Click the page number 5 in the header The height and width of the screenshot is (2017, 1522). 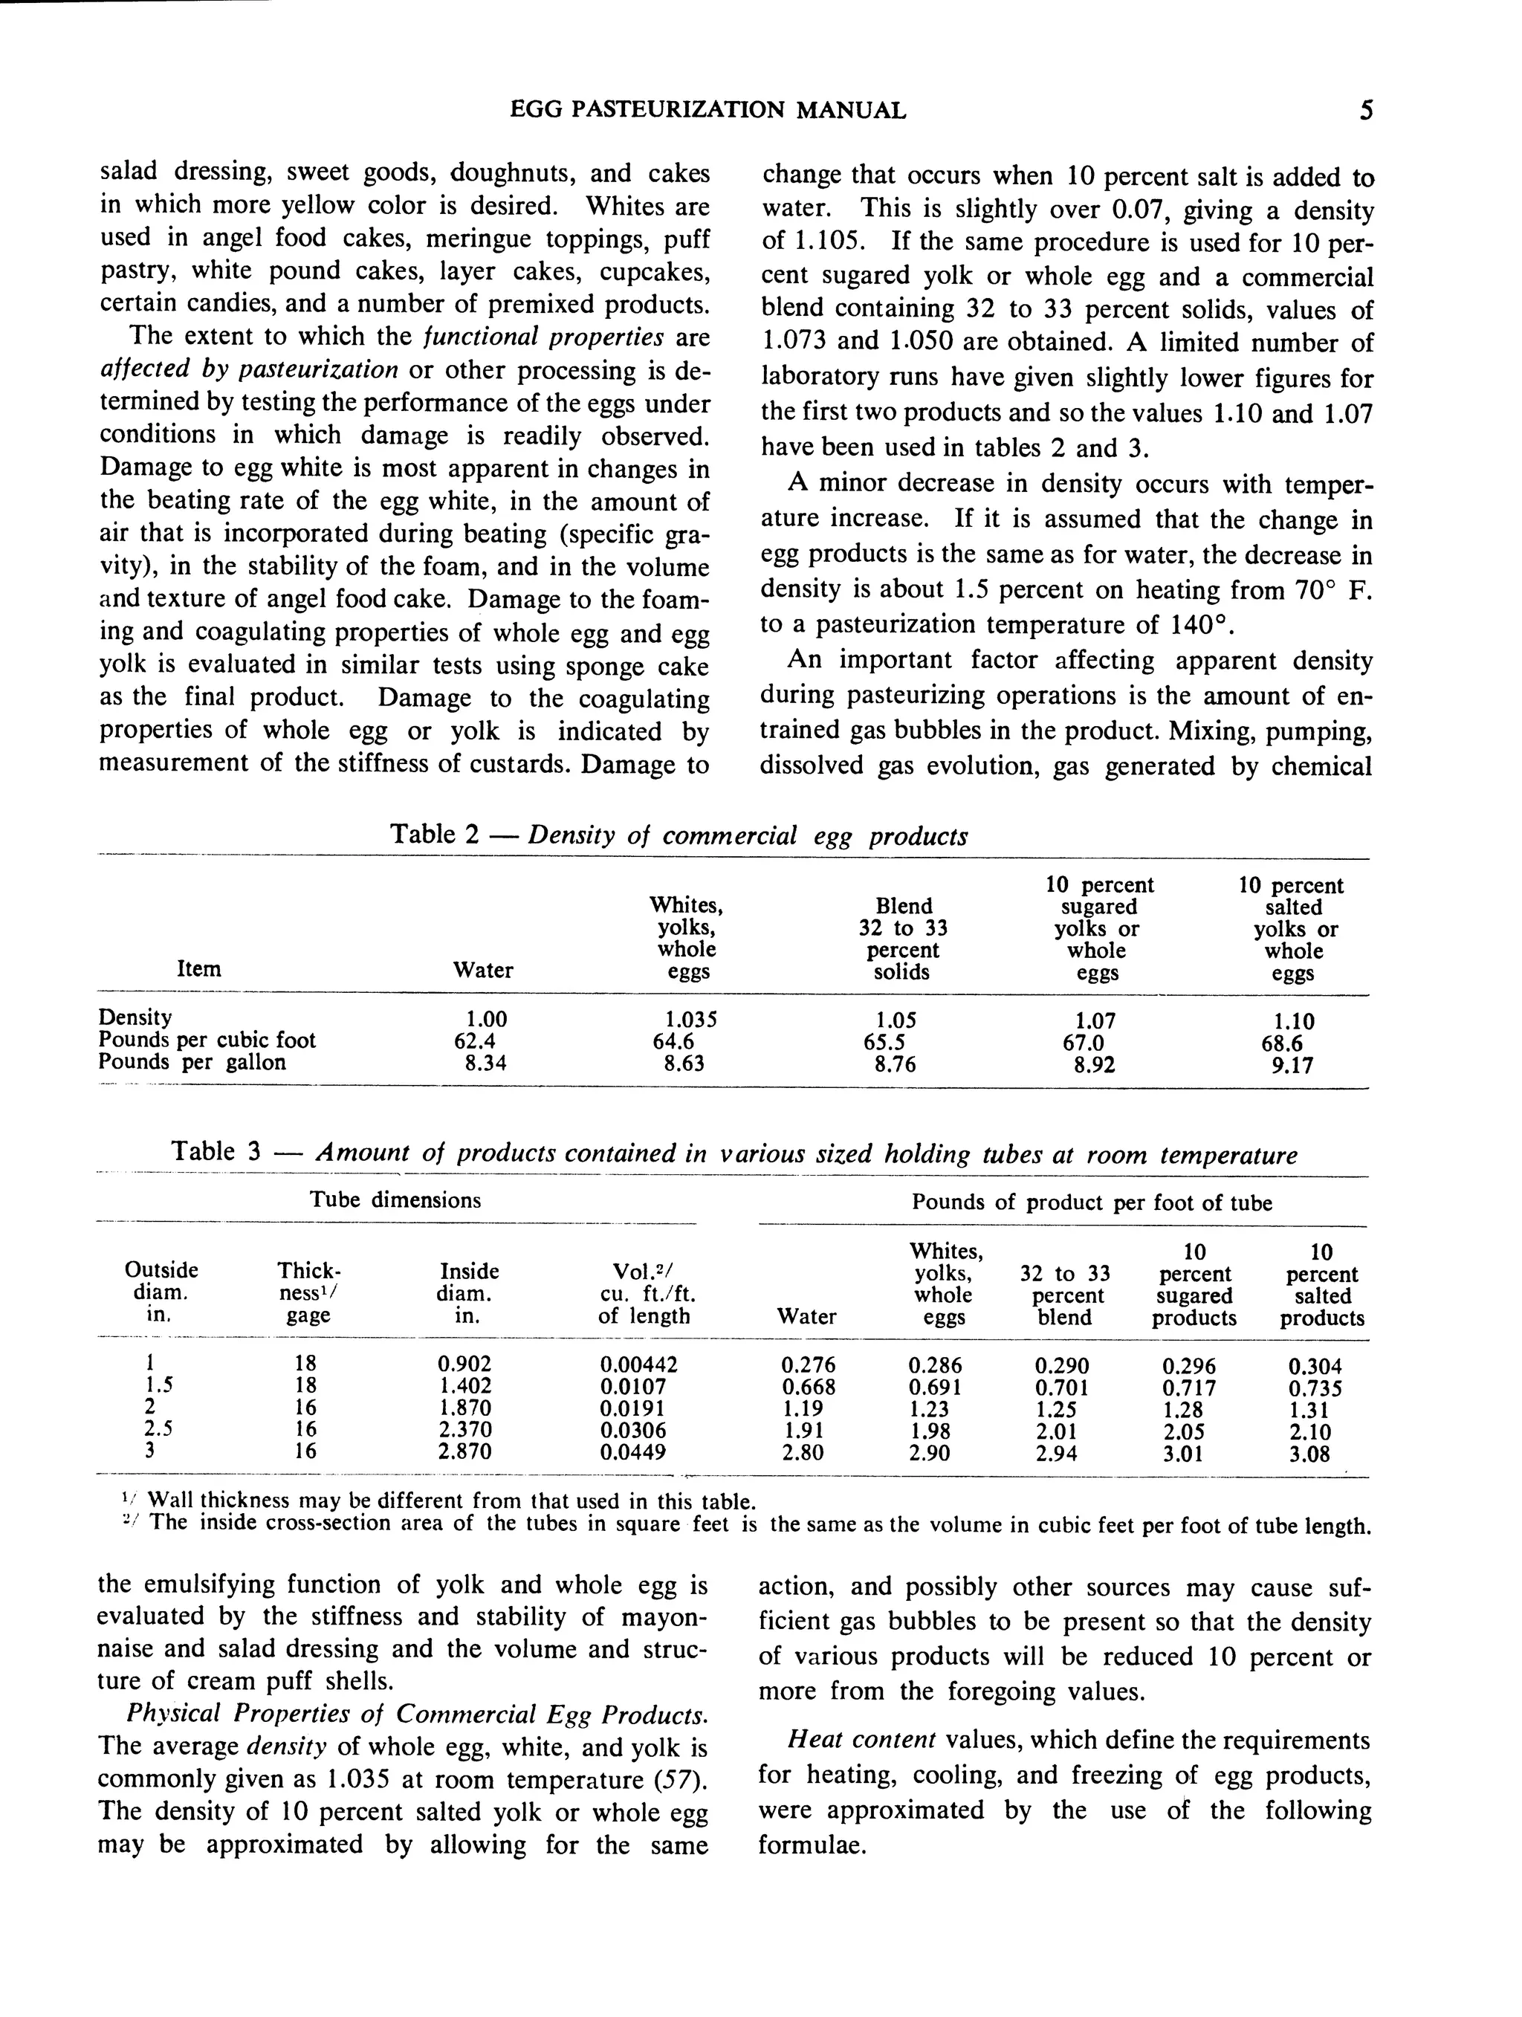click(1365, 111)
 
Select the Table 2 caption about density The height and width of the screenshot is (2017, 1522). click(679, 835)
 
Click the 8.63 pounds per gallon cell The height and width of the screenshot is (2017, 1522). click(684, 1064)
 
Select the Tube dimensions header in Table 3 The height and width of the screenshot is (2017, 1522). click(395, 1200)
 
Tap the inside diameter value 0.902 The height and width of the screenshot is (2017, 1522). click(464, 1365)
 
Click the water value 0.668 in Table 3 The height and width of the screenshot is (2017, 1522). click(808, 1387)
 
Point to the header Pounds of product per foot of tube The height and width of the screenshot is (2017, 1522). click(1091, 1202)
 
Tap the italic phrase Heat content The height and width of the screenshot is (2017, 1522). click(861, 1741)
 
